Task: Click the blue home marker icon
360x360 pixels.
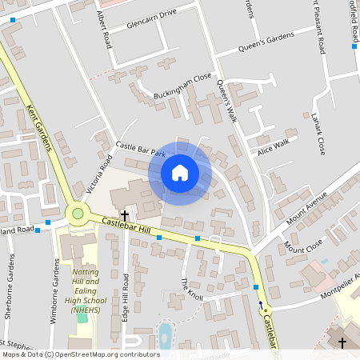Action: pos(179,172)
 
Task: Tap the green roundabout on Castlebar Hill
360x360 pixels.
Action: pos(78,213)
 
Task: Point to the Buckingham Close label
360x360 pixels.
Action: pos(183,82)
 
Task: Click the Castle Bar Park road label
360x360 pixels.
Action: pos(140,149)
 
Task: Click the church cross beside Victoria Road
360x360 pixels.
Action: pos(125,215)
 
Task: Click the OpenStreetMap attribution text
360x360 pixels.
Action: pos(81,354)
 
